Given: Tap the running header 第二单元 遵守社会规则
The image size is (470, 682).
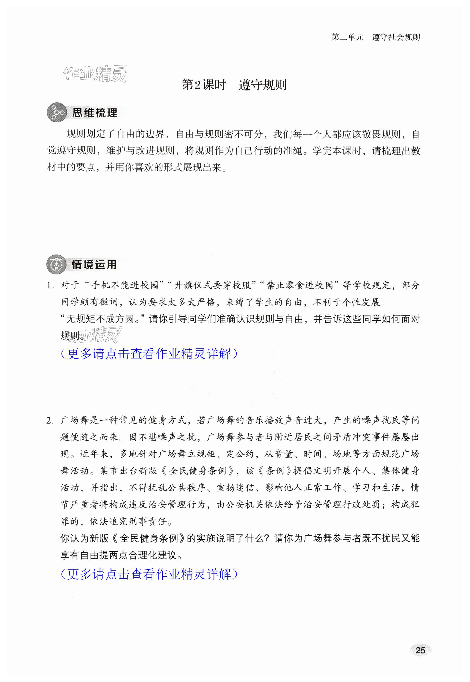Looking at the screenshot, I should [x=376, y=37].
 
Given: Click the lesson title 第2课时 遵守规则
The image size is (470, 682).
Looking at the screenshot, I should [x=234, y=85].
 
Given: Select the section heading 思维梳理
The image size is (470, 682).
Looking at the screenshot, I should [x=94, y=113].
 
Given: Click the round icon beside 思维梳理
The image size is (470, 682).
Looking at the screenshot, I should [x=56, y=112].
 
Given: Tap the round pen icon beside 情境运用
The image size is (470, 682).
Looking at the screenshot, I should [x=56, y=264].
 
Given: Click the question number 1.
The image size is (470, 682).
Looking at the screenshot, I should [x=50, y=285].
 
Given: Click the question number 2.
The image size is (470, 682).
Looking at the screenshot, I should [x=50, y=421].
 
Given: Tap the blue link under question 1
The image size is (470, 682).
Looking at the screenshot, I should [x=149, y=354].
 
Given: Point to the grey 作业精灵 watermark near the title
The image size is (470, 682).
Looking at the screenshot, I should [x=96, y=73].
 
